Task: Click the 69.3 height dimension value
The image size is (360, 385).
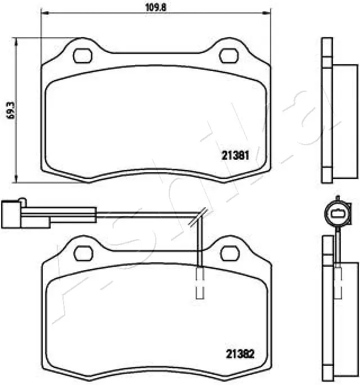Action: pyautogui.click(x=9, y=110)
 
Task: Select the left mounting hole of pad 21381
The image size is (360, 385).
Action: pyautogui.click(x=84, y=56)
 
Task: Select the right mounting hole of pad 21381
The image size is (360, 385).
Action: pyautogui.click(x=228, y=56)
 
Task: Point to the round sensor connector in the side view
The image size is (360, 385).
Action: pyautogui.click(x=337, y=212)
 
